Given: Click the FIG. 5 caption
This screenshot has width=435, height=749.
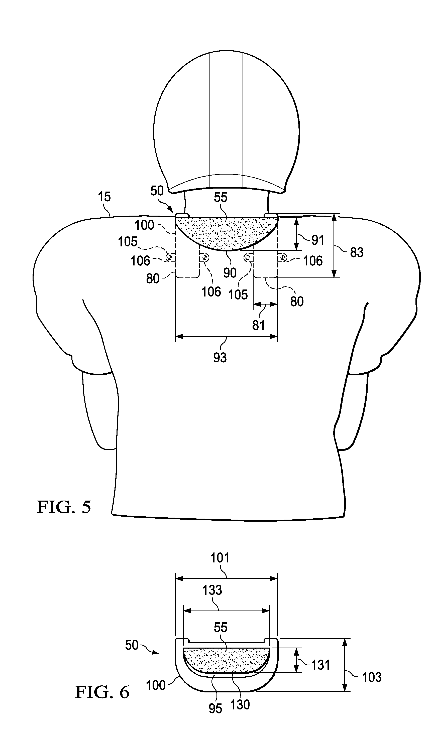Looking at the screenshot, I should tap(64, 507).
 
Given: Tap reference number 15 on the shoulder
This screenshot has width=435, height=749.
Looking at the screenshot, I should tap(104, 197).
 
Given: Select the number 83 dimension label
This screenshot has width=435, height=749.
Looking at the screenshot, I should tap(357, 252).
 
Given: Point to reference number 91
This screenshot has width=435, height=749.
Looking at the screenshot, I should tap(317, 240).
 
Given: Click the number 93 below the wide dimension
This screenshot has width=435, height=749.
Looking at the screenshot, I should tap(220, 358).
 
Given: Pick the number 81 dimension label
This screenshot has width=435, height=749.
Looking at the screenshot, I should tap(258, 326).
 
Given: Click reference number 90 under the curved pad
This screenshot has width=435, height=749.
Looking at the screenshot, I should tap(230, 272).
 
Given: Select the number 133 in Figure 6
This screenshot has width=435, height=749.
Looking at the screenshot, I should tap(212, 590).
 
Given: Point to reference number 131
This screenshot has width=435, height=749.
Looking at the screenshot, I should tap(320, 665).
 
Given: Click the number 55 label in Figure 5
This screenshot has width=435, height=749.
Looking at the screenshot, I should tap(220, 197).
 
